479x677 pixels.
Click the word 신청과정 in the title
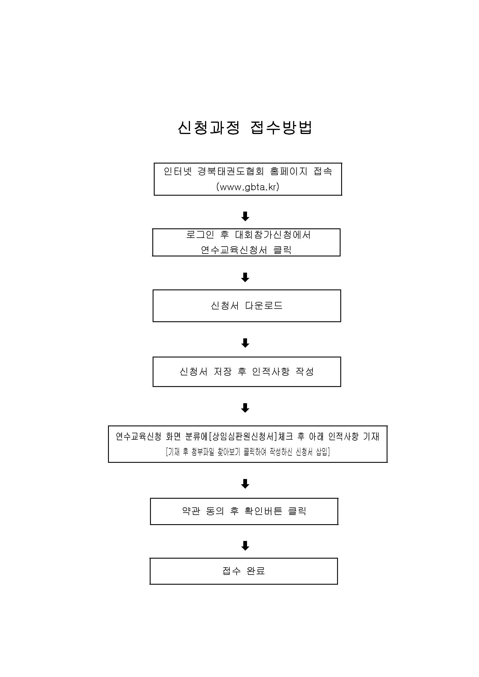tap(209, 128)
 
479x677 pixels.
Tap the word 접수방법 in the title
tap(281, 128)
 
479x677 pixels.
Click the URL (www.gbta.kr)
tap(248, 187)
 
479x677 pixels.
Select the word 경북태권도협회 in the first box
tap(231, 171)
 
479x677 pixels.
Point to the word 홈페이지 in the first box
tap(289, 171)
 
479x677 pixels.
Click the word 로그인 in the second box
tap(200, 235)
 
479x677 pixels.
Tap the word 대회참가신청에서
tap(273, 235)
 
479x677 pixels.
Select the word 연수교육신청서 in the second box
tap(234, 250)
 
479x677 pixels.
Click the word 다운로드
tap(264, 305)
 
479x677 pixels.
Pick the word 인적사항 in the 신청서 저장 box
tap(271, 372)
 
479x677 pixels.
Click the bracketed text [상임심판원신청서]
tap(243, 437)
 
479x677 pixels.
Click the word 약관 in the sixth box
tap(191, 511)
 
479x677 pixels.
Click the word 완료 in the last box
tap(256, 571)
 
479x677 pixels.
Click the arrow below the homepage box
tap(245, 216)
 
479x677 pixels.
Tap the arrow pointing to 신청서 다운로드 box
tap(245, 277)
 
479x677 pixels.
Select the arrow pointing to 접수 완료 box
tap(245, 546)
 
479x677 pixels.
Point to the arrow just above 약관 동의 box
tap(245, 484)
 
